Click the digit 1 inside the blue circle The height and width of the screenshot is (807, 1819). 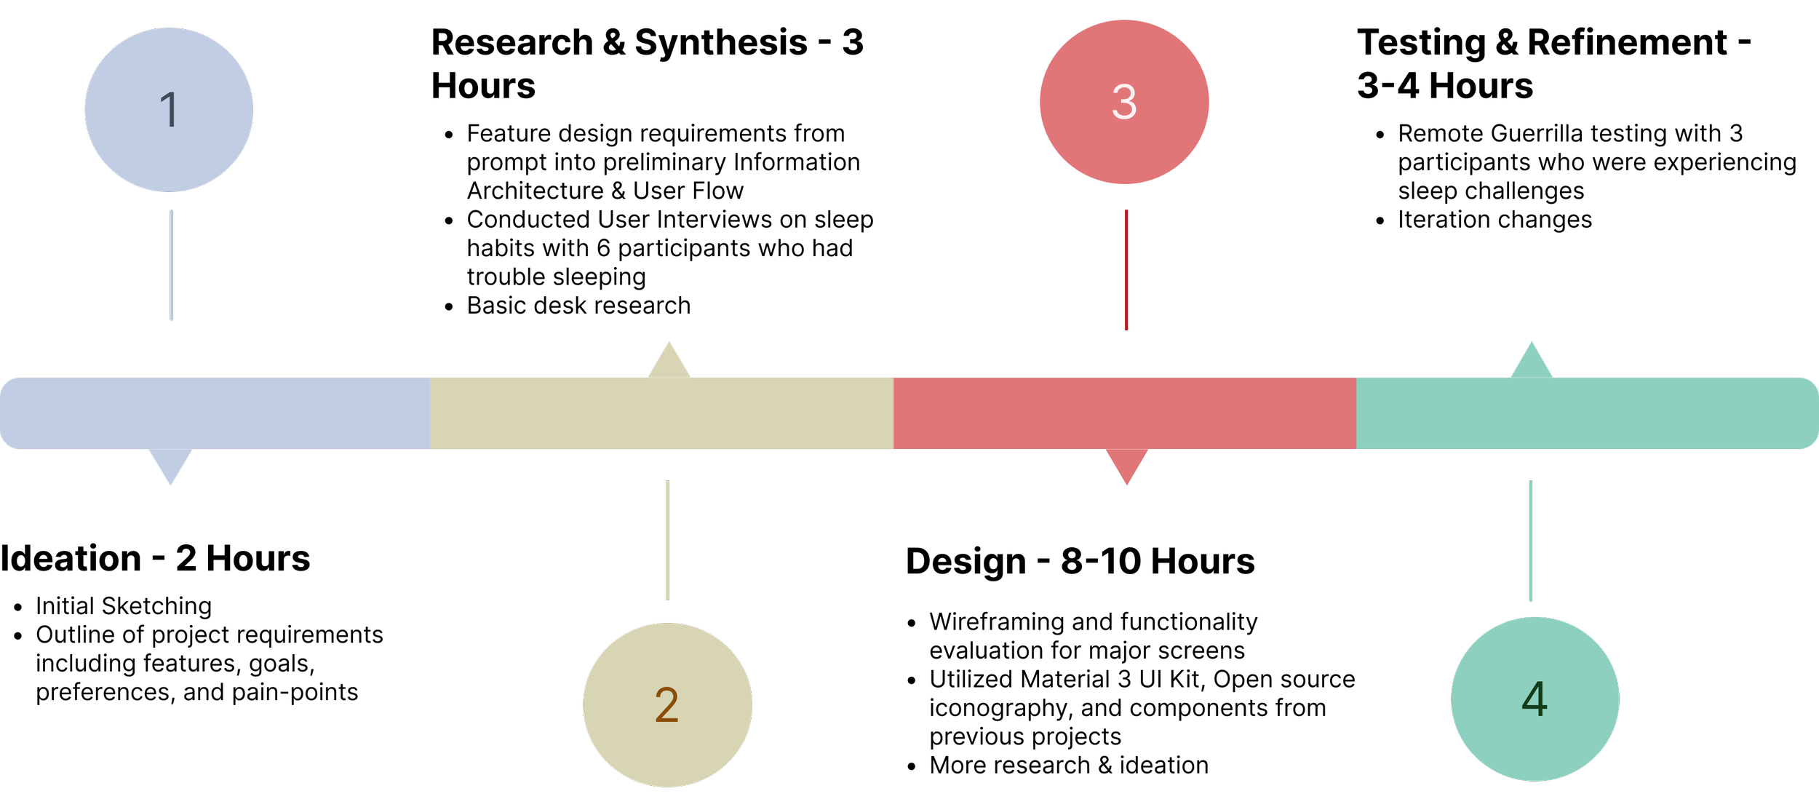(x=169, y=110)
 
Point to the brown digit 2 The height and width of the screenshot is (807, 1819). (x=666, y=704)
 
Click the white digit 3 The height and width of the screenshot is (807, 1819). (x=1124, y=102)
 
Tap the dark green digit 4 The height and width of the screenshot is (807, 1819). (x=1534, y=699)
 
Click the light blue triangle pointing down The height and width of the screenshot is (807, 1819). (x=170, y=465)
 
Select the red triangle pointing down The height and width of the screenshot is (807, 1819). (x=1126, y=465)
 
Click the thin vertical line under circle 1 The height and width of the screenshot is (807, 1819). (x=172, y=265)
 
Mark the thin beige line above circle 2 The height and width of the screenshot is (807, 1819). (x=668, y=540)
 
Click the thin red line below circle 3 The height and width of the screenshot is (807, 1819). (x=1126, y=270)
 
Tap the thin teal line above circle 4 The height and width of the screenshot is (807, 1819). (x=1531, y=541)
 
